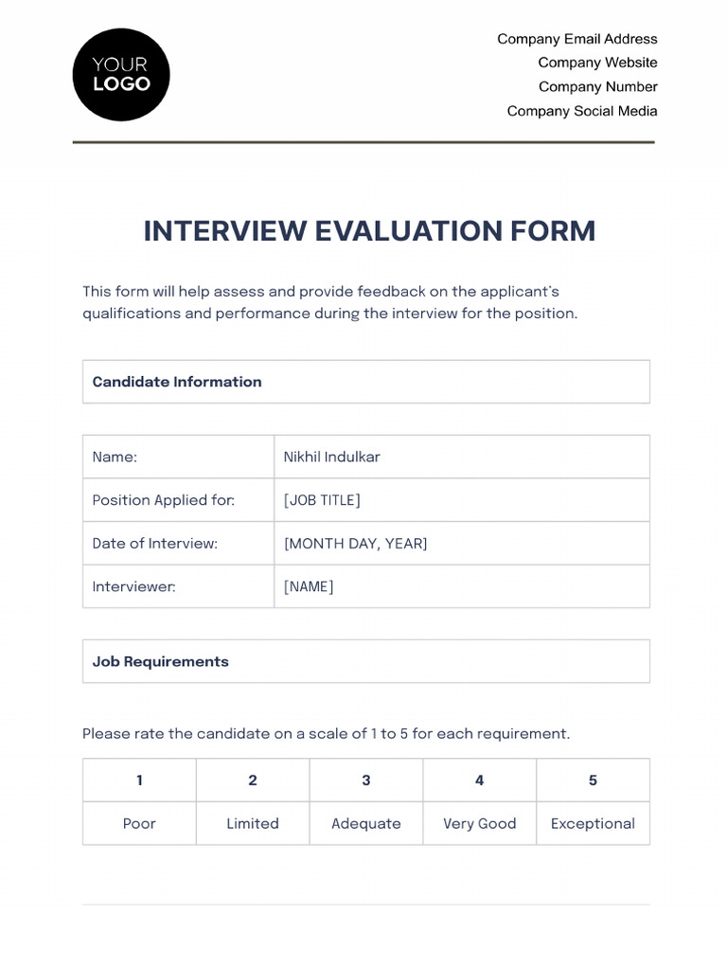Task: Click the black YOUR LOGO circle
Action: [121, 75]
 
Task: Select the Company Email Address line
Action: [576, 39]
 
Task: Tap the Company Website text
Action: [597, 63]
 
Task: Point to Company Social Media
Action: [581, 111]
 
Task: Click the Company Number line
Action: [597, 87]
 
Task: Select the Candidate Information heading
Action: [177, 382]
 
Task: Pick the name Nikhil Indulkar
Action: [331, 457]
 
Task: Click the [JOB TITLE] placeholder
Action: [322, 500]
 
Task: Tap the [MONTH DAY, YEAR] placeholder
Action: [355, 544]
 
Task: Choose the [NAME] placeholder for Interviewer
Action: [309, 586]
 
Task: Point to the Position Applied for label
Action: [163, 500]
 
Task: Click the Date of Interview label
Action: [154, 544]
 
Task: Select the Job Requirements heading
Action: [160, 661]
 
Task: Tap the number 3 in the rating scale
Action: [366, 781]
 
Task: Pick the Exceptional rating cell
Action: [593, 823]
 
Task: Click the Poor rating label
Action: [139, 823]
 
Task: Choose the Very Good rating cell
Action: [480, 823]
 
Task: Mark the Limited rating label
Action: [253, 823]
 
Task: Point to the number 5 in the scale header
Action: [593, 781]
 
